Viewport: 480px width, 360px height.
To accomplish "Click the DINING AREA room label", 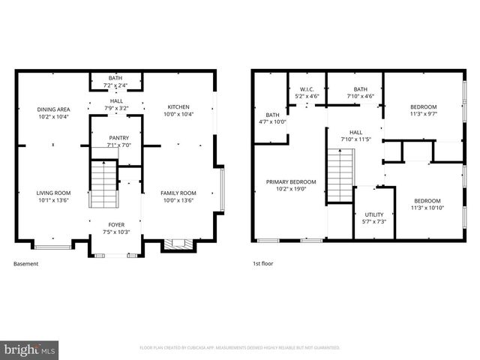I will pyautogui.click(x=53, y=109).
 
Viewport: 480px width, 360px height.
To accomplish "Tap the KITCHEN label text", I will pyautogui.click(x=178, y=106).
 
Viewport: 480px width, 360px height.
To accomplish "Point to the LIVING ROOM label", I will pyautogui.click(x=53, y=193).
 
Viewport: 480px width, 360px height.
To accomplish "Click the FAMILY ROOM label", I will pyautogui.click(x=178, y=193).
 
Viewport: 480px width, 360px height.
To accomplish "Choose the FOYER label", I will pyautogui.click(x=116, y=223).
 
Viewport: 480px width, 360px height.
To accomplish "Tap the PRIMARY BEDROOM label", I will pyautogui.click(x=291, y=182).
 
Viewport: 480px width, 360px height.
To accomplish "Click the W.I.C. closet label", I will pyautogui.click(x=307, y=88).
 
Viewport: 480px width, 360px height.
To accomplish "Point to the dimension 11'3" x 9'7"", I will pyautogui.click(x=423, y=115).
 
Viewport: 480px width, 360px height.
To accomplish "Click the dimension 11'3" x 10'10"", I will pyautogui.click(x=427, y=208).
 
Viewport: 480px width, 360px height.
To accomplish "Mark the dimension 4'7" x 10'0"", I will pyautogui.click(x=272, y=121).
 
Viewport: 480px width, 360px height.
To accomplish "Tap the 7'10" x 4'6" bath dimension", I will pyautogui.click(x=360, y=96).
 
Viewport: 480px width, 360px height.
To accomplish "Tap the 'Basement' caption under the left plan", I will pyautogui.click(x=25, y=263).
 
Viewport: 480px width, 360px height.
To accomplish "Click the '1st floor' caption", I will pyautogui.click(x=263, y=263).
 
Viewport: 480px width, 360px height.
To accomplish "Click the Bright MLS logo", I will pyautogui.click(x=30, y=349).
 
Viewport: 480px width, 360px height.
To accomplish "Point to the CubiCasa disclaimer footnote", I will pyautogui.click(x=240, y=348).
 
